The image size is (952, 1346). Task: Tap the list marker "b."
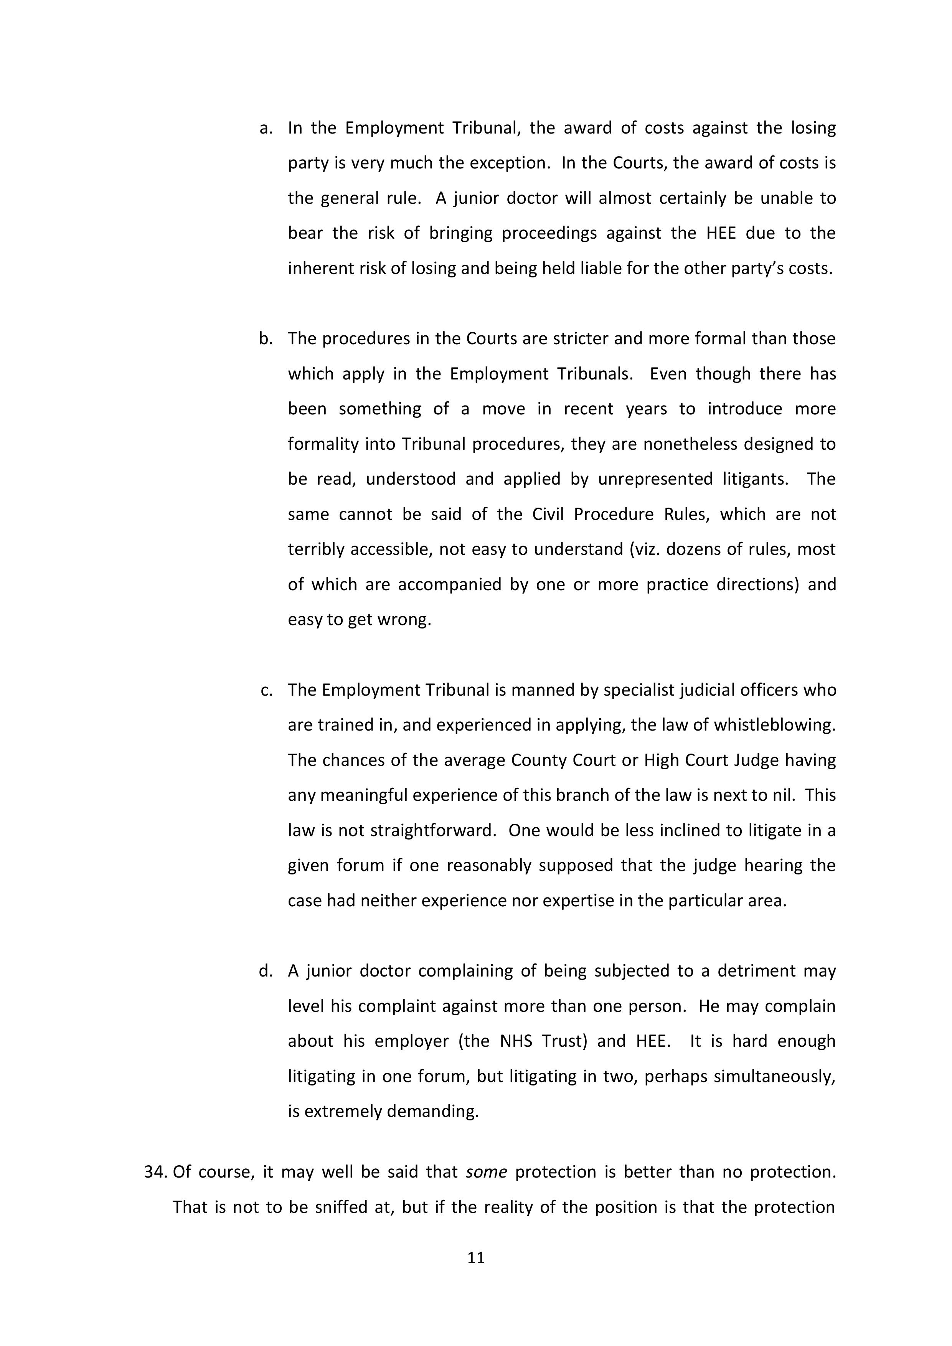(266, 338)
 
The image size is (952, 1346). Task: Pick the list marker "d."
(266, 971)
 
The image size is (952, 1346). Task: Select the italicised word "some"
(486, 1172)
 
